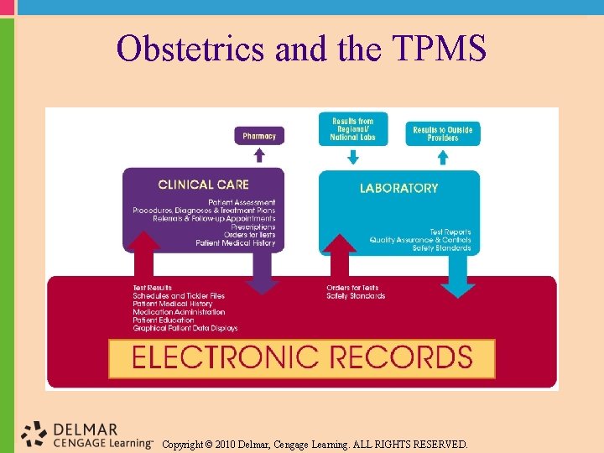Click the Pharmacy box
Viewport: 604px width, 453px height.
(x=259, y=136)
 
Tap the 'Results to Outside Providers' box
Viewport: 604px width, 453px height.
(x=443, y=133)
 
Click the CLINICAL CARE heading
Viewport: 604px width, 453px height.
(x=203, y=185)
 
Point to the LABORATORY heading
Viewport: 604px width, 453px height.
(x=398, y=188)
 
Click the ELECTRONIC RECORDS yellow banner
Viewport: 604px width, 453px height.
(x=302, y=358)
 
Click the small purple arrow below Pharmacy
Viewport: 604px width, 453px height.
(x=259, y=155)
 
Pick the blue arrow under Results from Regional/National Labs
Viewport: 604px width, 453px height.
(x=352, y=157)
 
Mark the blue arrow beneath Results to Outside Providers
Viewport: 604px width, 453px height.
(x=443, y=157)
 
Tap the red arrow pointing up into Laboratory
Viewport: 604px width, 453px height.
(x=340, y=255)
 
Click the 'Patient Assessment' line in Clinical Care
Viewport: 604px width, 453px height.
(x=242, y=203)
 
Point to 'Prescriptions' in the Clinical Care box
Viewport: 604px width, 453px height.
(x=253, y=227)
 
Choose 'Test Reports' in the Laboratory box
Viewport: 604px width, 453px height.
(x=450, y=232)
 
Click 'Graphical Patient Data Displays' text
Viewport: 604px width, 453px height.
(x=185, y=328)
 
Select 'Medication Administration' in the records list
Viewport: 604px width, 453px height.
(x=179, y=312)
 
